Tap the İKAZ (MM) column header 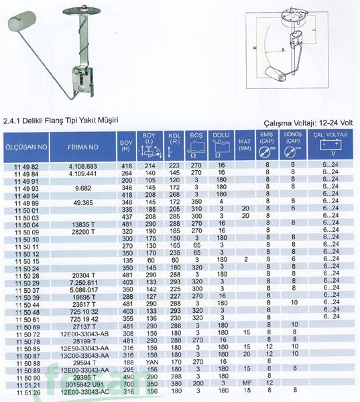pyautogui.click(x=245, y=145)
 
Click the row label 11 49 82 pyautogui.click(x=26, y=165)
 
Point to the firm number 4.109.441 pyautogui.click(x=83, y=172)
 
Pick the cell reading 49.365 pyautogui.click(x=83, y=201)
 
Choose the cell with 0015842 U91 pyautogui.click(x=83, y=385)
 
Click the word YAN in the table pyautogui.click(x=150, y=362)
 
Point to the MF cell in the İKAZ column pyautogui.click(x=245, y=385)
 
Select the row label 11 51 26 pyautogui.click(x=26, y=392)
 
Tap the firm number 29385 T pyautogui.click(x=83, y=377)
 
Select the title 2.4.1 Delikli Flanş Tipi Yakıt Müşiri pyautogui.click(x=60, y=121)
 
